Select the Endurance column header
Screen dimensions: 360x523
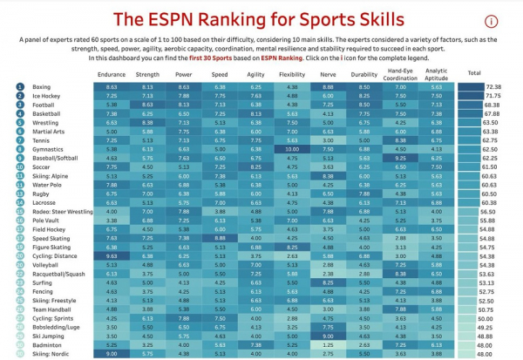tap(112, 75)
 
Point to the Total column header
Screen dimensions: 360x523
tap(474, 74)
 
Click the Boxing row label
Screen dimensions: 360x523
tap(41, 87)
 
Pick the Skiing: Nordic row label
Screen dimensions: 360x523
tap(51, 354)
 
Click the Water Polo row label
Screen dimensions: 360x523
tap(45, 185)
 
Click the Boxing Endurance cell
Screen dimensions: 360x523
tap(112, 87)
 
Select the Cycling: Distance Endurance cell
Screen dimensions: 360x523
tap(112, 256)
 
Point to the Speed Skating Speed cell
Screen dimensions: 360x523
tap(220, 238)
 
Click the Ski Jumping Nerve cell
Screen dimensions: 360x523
tap(327, 336)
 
